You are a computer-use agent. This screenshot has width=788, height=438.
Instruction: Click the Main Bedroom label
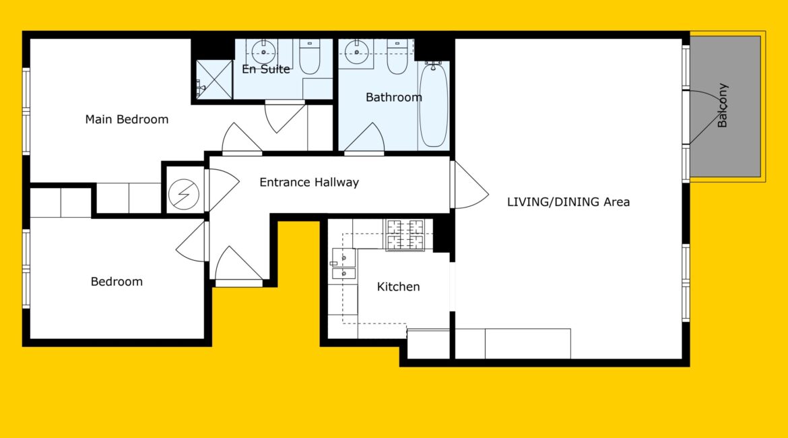click(127, 119)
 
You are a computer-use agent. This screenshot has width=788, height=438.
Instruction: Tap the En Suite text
click(266, 69)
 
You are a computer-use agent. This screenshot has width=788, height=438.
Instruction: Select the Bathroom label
click(393, 97)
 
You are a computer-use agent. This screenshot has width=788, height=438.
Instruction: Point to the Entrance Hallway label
click(309, 182)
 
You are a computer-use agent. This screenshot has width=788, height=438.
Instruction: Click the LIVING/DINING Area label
click(568, 201)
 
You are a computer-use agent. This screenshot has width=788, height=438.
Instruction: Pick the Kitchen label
click(398, 286)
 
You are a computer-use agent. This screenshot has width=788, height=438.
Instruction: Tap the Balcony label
click(722, 105)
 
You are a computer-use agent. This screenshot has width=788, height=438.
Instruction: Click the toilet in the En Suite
click(310, 57)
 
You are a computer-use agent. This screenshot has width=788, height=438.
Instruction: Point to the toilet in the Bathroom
click(397, 57)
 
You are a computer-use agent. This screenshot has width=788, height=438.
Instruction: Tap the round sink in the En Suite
click(263, 52)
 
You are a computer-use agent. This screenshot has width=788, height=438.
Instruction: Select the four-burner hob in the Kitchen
click(405, 235)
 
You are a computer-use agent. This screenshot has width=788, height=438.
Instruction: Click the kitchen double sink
click(343, 263)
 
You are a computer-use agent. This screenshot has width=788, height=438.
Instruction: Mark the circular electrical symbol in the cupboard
click(183, 194)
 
